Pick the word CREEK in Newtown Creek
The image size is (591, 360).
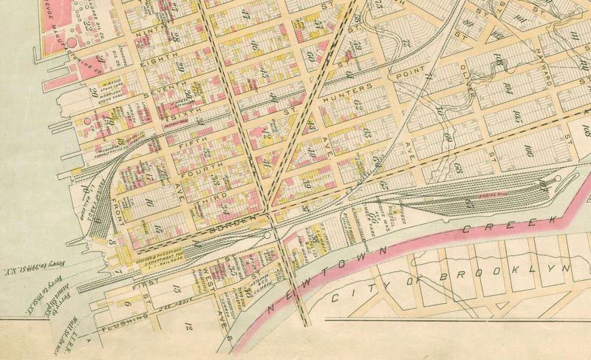pyautogui.click(x=483, y=231)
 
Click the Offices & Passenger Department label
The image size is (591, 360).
pyautogui.click(x=164, y=258)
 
